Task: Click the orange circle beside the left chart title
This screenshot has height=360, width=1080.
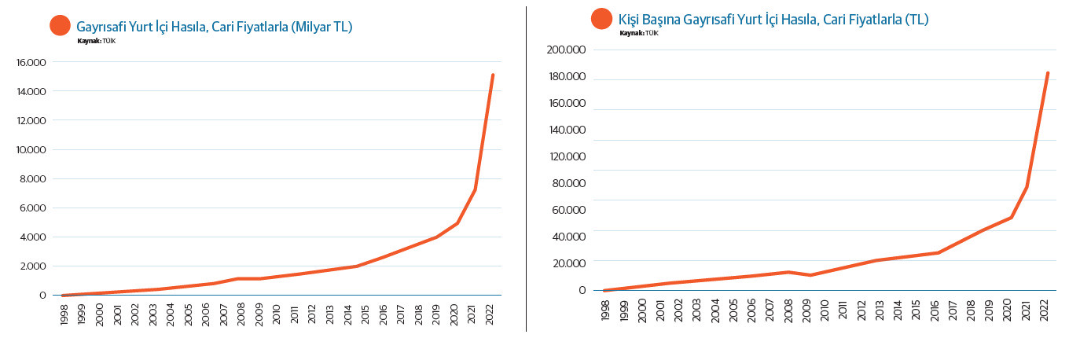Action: tap(61, 25)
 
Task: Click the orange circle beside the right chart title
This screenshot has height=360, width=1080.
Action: tap(602, 18)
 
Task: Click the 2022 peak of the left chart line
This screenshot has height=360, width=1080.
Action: tap(493, 75)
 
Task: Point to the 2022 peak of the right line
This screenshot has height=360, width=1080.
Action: tap(1048, 73)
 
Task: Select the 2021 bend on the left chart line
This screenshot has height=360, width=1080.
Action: tap(475, 189)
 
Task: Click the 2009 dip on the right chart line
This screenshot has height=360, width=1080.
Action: tap(810, 275)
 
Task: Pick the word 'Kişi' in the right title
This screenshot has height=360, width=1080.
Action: tap(631, 19)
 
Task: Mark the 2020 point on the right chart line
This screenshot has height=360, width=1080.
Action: tap(1012, 217)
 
